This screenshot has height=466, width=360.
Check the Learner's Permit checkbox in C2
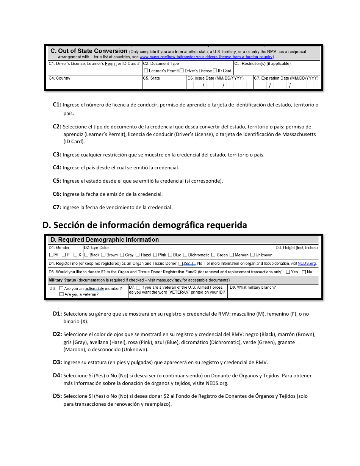pyautogui.click(x=146, y=71)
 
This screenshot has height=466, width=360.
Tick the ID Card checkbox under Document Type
pyautogui.click(x=215, y=71)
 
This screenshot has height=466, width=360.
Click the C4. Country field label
pyautogui.click(x=59, y=78)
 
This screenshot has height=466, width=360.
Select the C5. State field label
pyautogui.click(x=152, y=78)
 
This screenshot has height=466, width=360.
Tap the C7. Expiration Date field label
pyautogui.click(x=286, y=78)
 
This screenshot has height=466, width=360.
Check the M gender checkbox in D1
pyautogui.click(x=51, y=255)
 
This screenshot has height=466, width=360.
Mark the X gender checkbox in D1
pyautogui.click(x=75, y=255)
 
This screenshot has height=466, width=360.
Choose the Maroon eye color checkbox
pyautogui.click(x=232, y=255)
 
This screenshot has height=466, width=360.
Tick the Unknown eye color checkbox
pyautogui.click(x=252, y=255)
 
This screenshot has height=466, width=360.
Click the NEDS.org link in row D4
pyautogui.click(x=307, y=264)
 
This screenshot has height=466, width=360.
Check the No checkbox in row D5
pyautogui.click(x=304, y=272)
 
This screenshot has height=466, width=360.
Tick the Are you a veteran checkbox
pyautogui.click(x=61, y=294)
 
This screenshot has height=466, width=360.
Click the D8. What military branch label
pyautogui.click(x=253, y=288)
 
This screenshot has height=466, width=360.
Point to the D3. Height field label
pyautogui.click(x=296, y=248)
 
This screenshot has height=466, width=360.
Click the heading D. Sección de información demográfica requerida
pyautogui.click(x=145, y=225)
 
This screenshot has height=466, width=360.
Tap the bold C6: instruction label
pyautogui.click(x=57, y=194)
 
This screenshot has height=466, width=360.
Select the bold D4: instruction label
pyautogui.click(x=57, y=376)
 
